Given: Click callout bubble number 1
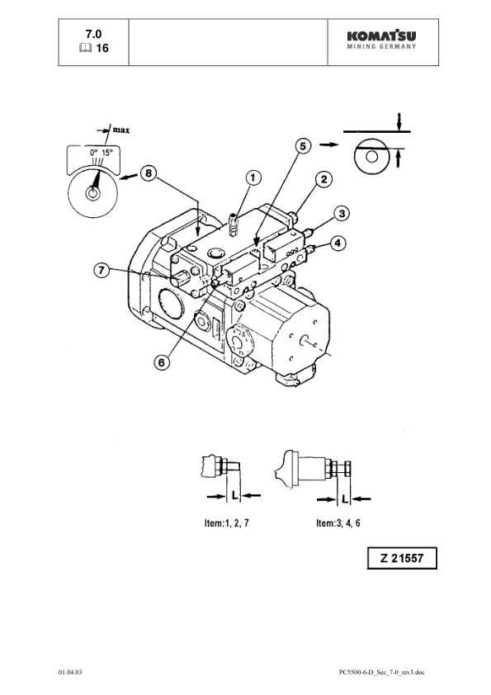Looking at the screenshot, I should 253,176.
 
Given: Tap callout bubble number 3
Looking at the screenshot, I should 339,213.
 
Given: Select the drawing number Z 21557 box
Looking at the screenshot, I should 402,559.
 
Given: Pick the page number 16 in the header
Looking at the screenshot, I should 103,48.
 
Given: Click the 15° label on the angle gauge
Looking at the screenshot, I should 107,153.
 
